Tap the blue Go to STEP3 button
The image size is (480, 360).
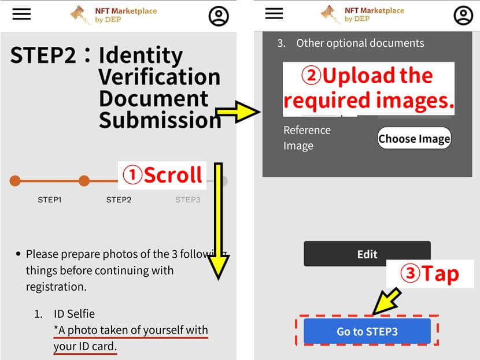click(367, 331)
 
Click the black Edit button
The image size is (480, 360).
click(367, 254)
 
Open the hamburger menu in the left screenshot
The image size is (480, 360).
click(21, 14)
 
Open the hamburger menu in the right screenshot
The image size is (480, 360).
click(274, 13)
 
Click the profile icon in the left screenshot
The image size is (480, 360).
click(219, 16)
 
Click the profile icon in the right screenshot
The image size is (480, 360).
click(463, 15)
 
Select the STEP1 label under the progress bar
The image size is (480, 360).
click(50, 200)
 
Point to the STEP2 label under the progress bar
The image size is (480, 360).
click(119, 200)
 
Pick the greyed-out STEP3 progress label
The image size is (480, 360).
click(187, 200)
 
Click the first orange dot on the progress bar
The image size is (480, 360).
click(15, 181)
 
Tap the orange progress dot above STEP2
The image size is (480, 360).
click(84, 181)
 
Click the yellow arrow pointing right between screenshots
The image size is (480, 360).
click(238, 112)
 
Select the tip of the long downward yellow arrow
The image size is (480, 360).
click(218, 279)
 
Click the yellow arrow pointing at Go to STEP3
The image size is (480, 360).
click(387, 301)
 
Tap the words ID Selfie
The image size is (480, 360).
click(75, 314)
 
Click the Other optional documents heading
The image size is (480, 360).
click(360, 43)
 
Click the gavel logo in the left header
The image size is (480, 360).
click(80, 14)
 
